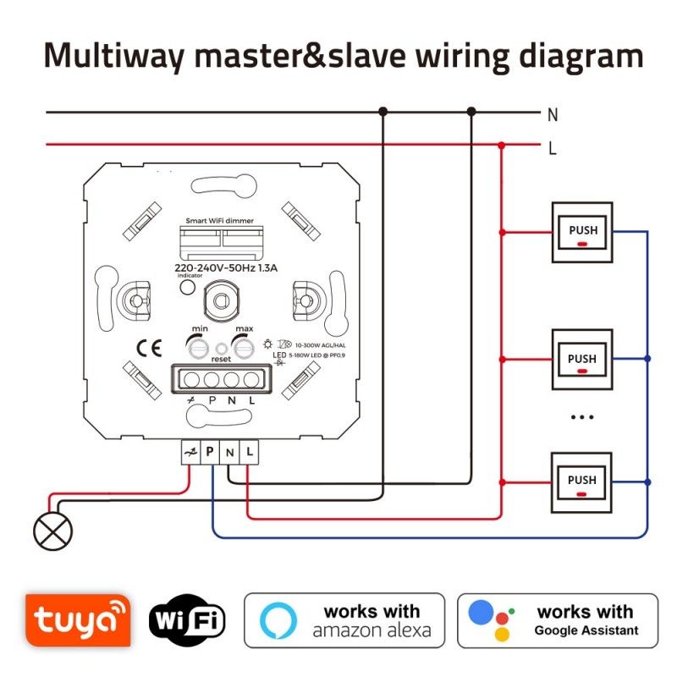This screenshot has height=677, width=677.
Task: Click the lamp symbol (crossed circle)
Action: pos(52,531)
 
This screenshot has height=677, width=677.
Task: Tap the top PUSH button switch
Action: pos(581,233)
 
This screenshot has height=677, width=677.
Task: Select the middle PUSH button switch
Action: pos(581,361)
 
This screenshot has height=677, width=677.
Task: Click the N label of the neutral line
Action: pos(553,114)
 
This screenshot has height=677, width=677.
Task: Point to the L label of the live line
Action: pos(553,148)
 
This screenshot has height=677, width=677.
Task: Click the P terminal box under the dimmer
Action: pos(210,453)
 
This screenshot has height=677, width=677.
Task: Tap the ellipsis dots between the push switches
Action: pos(581,417)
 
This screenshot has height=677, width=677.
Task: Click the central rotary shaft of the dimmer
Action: pos(223,300)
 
